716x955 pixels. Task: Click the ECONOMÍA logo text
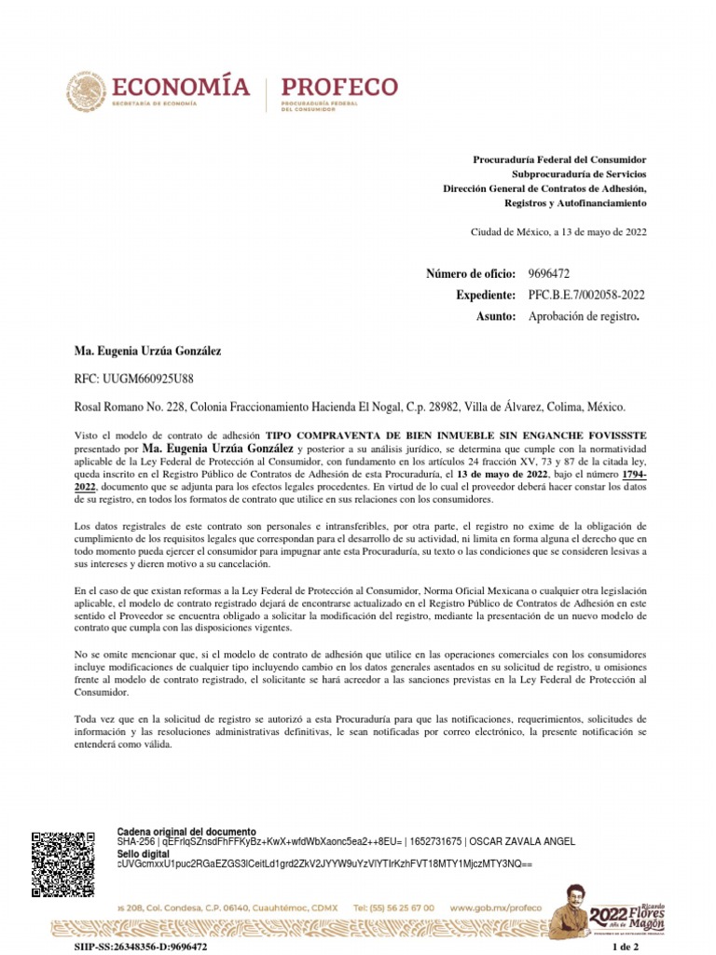180,88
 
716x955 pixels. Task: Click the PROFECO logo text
339,87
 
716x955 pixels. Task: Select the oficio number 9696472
549,273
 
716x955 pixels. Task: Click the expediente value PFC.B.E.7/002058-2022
586,295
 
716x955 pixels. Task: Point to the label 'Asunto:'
496,317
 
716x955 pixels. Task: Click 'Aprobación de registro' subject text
584,317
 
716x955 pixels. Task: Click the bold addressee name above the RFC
147,351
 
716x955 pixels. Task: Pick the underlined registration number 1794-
630,473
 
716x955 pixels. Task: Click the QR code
63,863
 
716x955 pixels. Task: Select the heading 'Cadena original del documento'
186,831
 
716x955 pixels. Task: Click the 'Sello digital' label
143,853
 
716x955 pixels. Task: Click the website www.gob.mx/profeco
495,907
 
